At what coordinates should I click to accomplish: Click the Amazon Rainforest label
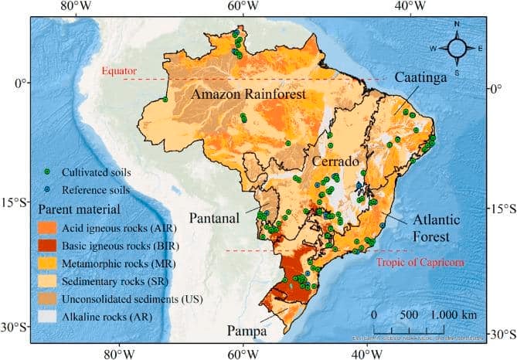tap(248, 94)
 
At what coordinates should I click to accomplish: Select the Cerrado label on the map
tap(336, 162)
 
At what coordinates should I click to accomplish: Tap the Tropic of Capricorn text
tap(420, 263)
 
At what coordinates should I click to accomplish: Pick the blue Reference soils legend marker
tap(47, 189)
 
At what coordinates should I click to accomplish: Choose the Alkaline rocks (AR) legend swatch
tap(48, 316)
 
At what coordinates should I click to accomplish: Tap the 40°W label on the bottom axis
tap(366, 354)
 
